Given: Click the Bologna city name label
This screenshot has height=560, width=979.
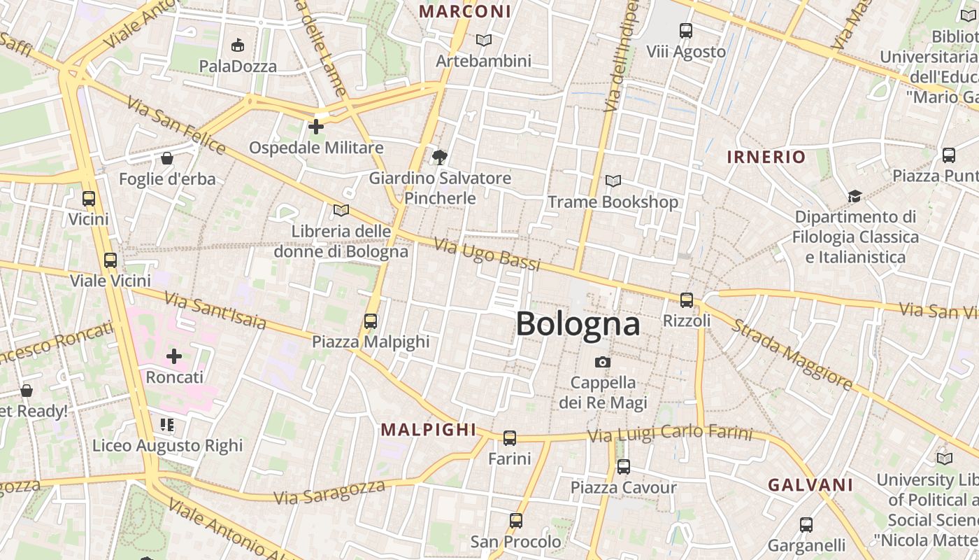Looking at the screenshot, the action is point(578,324).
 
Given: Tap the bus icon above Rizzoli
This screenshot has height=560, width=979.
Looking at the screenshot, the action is point(686,300).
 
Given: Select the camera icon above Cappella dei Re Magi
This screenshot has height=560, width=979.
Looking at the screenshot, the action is point(602,362).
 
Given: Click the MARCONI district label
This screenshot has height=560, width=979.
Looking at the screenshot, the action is point(465,11).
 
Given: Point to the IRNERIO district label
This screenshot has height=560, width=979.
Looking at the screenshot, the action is point(766,157).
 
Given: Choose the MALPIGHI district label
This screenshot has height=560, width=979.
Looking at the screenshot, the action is point(428,430).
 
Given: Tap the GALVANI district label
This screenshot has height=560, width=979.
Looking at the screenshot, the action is point(810,485).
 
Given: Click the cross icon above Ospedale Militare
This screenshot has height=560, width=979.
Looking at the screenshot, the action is point(316,127).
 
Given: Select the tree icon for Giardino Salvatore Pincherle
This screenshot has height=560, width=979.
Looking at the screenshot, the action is point(439,157).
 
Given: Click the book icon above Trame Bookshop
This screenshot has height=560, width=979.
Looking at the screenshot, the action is point(613,181).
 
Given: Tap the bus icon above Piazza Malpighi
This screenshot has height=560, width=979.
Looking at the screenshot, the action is point(370,321).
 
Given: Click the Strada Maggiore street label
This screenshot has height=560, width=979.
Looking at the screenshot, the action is point(793,356).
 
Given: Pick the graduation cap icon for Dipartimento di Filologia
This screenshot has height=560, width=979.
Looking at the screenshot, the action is point(854,196).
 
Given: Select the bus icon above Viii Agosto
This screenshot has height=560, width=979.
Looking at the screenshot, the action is point(685,31).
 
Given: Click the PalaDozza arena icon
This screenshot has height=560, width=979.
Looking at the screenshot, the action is point(238,45).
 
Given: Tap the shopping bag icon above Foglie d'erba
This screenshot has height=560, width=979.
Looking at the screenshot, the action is point(166,158).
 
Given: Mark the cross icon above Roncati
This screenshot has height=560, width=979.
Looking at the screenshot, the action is point(174,356).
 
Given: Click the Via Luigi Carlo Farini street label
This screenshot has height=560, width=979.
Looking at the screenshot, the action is point(670,434).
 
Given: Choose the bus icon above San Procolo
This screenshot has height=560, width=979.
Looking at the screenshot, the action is point(515,521).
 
